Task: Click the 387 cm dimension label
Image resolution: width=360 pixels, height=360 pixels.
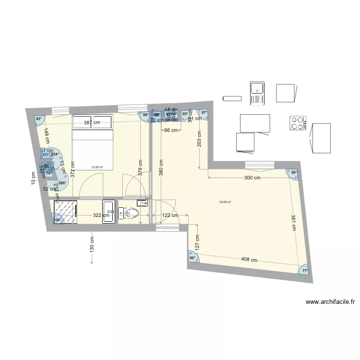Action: coord(92,122)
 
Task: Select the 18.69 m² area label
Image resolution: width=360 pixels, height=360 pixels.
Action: coord(225,202)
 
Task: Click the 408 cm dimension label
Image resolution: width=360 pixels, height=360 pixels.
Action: coord(248,260)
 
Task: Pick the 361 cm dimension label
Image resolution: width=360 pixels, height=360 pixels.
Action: coord(293,222)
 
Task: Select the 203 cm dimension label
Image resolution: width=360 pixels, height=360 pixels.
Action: coord(199,138)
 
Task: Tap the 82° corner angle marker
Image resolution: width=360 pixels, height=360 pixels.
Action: coord(38,119)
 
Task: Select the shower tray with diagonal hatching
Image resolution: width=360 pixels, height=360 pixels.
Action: coord(65,212)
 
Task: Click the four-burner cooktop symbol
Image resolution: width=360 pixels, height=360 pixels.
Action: coord(298,123)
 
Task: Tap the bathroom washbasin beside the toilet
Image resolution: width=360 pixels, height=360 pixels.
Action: coord(109,212)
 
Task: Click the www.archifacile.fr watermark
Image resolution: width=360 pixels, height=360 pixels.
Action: coord(330,302)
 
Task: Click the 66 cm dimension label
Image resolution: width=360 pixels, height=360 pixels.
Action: coord(171,130)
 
